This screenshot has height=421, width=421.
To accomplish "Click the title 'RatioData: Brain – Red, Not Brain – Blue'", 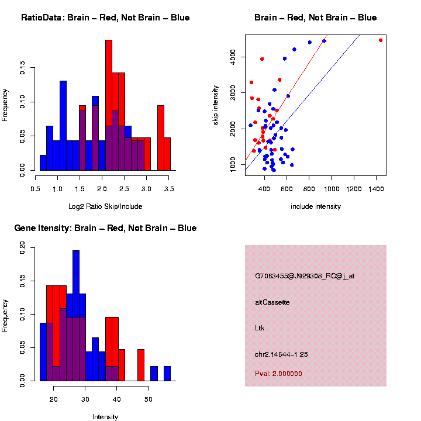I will pos(105,18).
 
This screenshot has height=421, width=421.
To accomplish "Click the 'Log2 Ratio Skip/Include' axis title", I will pos(105,206).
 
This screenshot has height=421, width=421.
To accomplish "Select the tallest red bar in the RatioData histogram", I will pos(109,105).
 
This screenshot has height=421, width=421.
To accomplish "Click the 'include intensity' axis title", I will pos(316,206).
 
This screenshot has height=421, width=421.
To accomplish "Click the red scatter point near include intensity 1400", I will pos(381,40).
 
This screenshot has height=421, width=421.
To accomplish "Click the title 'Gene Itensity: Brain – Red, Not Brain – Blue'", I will pos(105,228).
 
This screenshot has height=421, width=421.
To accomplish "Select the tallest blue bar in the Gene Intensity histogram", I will pos(76,316).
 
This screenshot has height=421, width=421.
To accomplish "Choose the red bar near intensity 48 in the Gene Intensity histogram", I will pos(141,365).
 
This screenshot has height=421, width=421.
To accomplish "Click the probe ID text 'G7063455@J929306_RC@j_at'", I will pos(305,276).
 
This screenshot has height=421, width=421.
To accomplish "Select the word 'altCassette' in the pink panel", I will pos(272,302).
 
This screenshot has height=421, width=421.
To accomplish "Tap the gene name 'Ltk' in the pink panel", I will pos(260,328).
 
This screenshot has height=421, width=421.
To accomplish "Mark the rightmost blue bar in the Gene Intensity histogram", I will pos(167,374).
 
